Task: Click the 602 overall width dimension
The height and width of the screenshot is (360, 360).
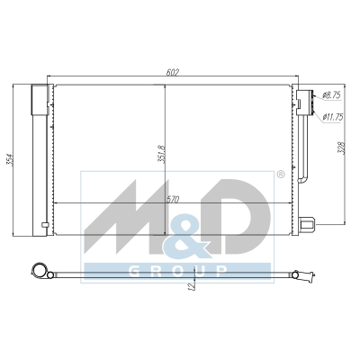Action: pyautogui.click(x=173, y=72)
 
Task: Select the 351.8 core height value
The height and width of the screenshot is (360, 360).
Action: pyautogui.click(x=161, y=154)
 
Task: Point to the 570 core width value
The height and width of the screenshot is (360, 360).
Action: pyautogui.click(x=173, y=200)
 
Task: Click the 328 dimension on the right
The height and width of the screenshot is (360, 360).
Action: pyautogui.click(x=342, y=148)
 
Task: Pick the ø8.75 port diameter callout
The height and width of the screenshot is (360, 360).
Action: pyautogui.click(x=331, y=95)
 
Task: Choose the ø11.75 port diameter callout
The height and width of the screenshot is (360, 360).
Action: pyautogui.click(x=332, y=117)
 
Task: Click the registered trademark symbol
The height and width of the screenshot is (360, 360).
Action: pyautogui.click(x=280, y=174)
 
